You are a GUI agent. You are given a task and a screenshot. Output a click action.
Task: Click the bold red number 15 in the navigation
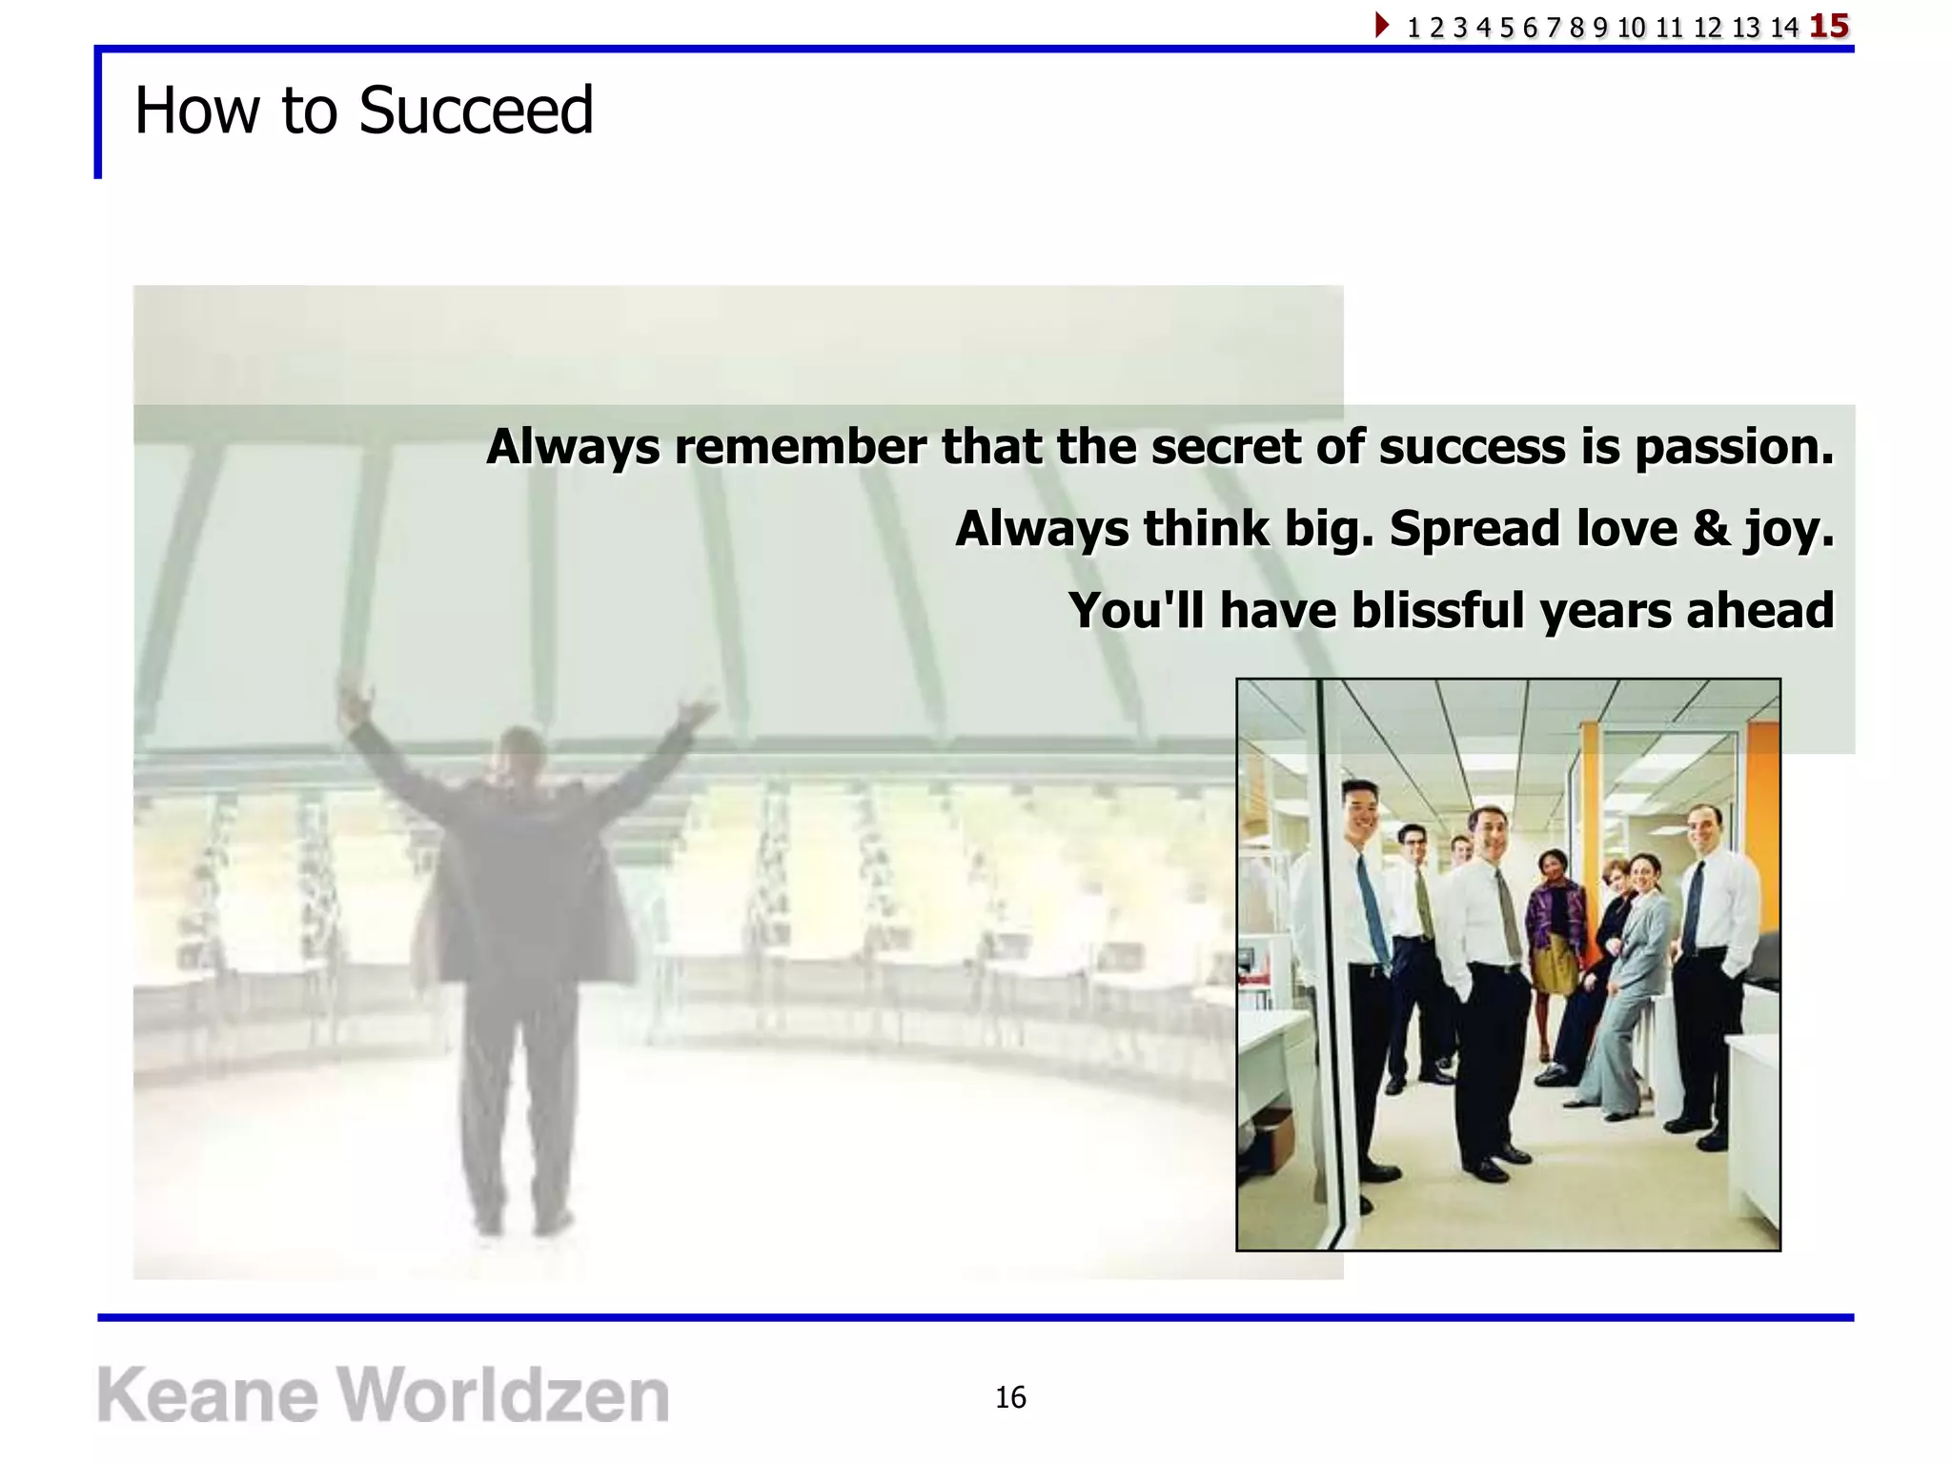[x=1829, y=26]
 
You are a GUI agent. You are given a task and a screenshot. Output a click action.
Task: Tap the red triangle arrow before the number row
[x=1381, y=25]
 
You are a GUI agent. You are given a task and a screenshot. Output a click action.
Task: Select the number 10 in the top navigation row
[x=1631, y=28]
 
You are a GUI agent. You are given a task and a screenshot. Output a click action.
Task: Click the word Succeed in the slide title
[x=476, y=111]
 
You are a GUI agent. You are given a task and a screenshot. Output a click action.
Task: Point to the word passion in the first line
[x=1735, y=448]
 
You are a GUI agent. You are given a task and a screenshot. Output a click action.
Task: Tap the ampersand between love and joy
[x=1711, y=528]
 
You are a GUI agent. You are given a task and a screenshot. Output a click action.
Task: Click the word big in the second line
[x=1329, y=530]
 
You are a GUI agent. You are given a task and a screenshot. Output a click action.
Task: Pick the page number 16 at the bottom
[x=1010, y=1397]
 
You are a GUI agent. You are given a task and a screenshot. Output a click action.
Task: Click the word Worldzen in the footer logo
[x=504, y=1395]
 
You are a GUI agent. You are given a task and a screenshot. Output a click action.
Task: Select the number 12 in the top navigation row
[x=1707, y=28]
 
